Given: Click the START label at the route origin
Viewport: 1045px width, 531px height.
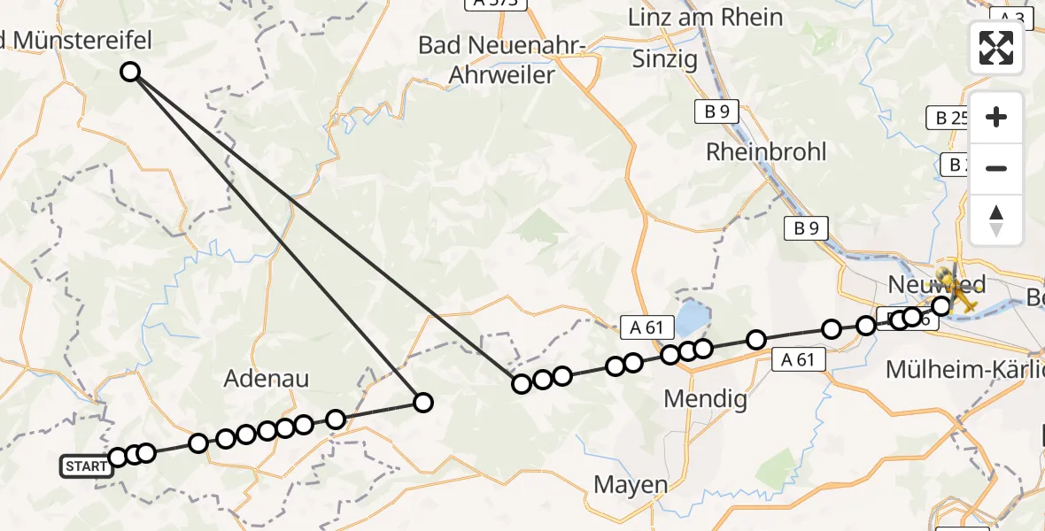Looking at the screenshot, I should pos(87,466).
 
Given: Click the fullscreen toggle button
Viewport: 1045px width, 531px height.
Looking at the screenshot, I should pos(996,48).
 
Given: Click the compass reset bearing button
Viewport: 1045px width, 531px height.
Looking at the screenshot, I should pos(996,220).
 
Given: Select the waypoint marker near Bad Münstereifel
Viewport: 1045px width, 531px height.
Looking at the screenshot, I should pos(130,72).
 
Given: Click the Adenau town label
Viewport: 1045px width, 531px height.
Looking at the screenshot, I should pos(267,379).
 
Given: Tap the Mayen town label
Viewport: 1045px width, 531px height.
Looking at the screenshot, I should pos(631,484).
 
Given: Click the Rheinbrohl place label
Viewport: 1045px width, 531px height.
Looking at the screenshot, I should pos(766,151).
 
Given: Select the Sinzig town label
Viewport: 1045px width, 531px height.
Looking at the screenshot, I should pos(664,59).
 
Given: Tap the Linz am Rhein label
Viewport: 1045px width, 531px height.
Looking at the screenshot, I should pos(705,17).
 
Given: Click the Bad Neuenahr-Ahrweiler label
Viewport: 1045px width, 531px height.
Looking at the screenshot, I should pos(499,59).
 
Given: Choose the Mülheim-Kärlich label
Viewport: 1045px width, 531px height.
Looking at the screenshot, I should pos(964,370).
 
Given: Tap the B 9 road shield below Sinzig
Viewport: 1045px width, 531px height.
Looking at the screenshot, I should pos(716,112).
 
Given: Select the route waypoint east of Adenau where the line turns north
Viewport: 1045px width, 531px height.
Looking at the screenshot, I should pos(423,403).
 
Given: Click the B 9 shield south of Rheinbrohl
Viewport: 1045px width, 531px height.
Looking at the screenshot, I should pos(805,228).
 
